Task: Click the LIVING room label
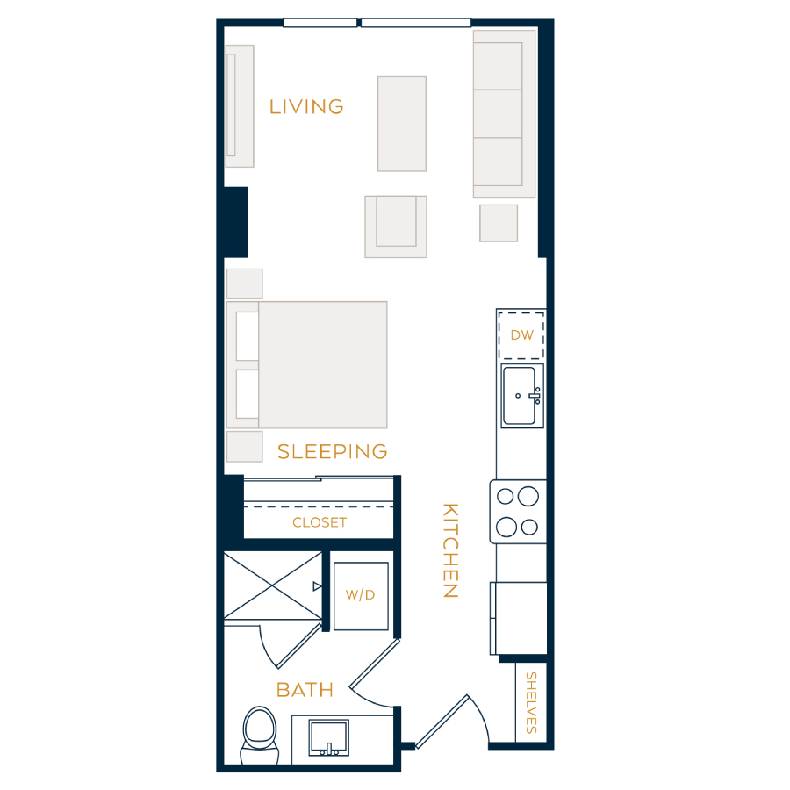tap(306, 107)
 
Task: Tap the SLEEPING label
tap(333, 451)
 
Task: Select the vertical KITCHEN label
tap(450, 550)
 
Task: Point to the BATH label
tap(305, 690)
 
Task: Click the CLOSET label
tap(320, 522)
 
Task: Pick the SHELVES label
tap(531, 702)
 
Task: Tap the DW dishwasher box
tap(521, 335)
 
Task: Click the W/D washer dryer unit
tap(361, 596)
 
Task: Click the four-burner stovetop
tap(518, 512)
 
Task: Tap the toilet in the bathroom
tap(260, 736)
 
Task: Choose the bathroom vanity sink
tap(328, 738)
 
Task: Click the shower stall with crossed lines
tap(273, 585)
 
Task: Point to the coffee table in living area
tap(402, 124)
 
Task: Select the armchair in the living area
tap(396, 226)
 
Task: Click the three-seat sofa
tap(504, 114)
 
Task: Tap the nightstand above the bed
tap(244, 284)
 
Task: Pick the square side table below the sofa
tap(499, 223)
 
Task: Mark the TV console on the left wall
tap(240, 106)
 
